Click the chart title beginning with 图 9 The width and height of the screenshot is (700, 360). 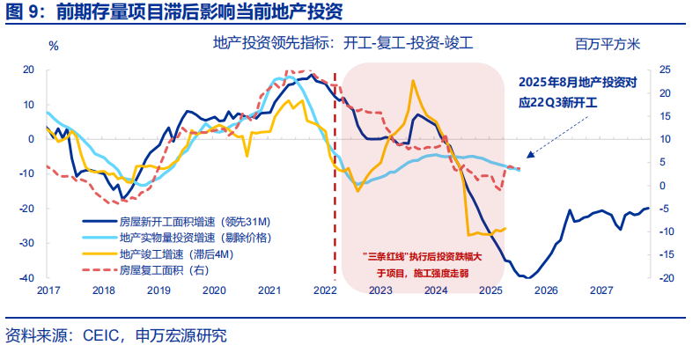coord(173,12)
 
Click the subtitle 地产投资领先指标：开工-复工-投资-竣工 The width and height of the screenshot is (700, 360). coord(343,42)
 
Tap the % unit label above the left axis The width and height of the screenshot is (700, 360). coord(53,45)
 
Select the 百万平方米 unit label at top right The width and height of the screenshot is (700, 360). coord(608,43)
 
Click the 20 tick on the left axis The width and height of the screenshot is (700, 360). coord(28,70)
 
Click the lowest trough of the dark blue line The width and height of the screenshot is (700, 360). coord(524,277)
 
